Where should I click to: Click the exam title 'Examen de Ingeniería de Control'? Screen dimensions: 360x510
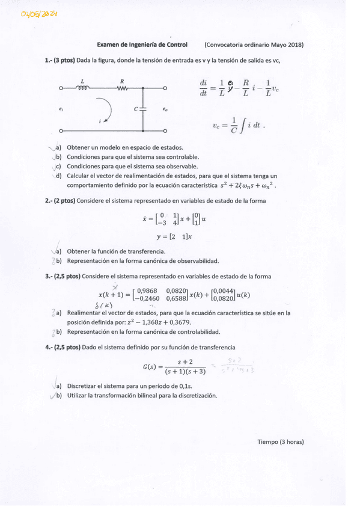(142, 45)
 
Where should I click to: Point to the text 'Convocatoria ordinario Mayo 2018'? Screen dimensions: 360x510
(254, 45)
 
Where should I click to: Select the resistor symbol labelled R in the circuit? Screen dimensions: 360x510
(122, 88)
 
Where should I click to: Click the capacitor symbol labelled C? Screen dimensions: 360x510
(142, 109)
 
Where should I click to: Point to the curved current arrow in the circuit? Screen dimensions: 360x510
(106, 109)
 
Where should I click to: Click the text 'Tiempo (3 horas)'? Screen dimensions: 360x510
(281, 441)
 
